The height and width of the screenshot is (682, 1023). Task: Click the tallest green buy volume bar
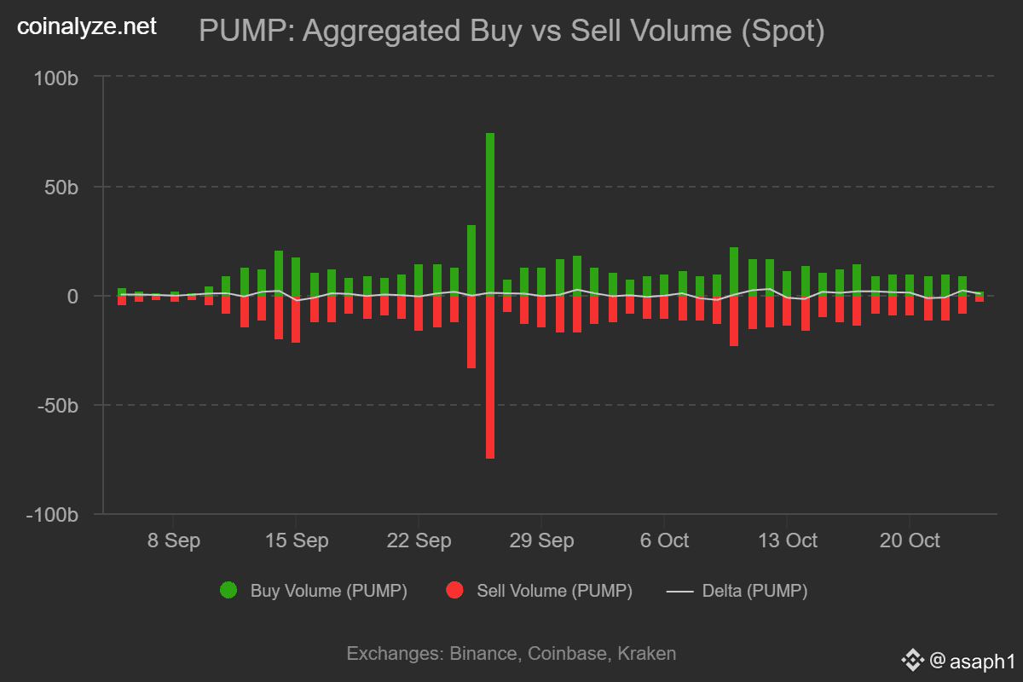click(490, 213)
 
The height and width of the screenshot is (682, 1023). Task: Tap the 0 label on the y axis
click(73, 297)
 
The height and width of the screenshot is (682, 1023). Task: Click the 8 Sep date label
click(173, 541)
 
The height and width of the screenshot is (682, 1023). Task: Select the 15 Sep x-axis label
click(296, 541)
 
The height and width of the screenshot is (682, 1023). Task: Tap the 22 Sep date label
click(419, 541)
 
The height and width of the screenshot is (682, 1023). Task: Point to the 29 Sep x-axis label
click(541, 541)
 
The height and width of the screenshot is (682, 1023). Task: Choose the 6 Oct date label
click(663, 541)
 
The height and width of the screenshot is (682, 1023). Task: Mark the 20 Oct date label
click(909, 541)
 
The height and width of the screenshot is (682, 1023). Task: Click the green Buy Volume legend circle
click(228, 590)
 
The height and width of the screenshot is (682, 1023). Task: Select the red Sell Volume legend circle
click(455, 590)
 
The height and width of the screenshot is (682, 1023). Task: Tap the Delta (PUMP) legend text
click(754, 591)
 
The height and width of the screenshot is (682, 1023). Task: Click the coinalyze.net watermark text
click(87, 27)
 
